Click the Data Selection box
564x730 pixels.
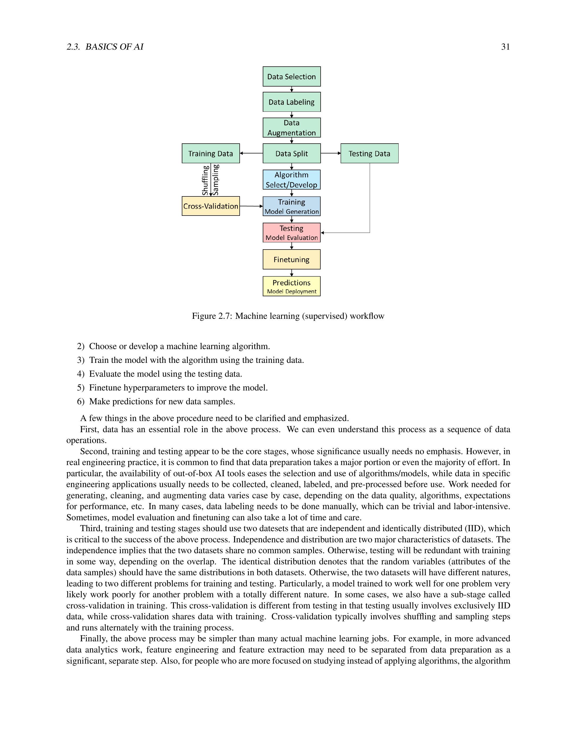point(291,76)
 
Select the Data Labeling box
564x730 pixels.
point(291,102)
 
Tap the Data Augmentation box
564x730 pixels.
point(291,128)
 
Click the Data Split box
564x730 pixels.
point(291,153)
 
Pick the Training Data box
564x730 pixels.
point(210,153)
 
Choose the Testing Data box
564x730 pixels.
point(369,153)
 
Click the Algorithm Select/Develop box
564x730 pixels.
point(291,179)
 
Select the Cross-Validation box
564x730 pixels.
point(210,206)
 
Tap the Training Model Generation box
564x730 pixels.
point(291,206)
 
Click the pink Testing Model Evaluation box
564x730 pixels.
point(291,233)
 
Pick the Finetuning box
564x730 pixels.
point(291,259)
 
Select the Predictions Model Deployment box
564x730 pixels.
point(291,286)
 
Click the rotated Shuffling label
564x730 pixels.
point(205,180)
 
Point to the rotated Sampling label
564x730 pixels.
point(216,179)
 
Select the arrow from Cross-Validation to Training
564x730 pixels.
point(251,206)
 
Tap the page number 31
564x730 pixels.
point(505,47)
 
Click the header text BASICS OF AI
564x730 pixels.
point(114,47)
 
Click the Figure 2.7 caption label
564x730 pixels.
point(212,316)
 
